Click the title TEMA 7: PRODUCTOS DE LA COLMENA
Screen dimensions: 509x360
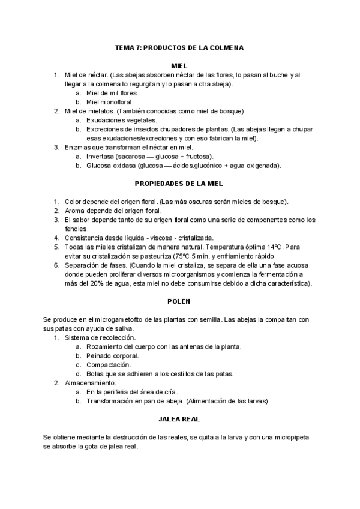(x=179, y=47)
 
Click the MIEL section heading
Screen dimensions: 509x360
(x=179, y=65)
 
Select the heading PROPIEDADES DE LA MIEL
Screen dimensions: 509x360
(x=179, y=184)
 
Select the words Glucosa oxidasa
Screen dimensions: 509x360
(x=111, y=166)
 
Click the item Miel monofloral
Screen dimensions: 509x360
(x=110, y=102)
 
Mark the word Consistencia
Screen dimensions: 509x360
(x=85, y=238)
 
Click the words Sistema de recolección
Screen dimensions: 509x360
(x=96, y=337)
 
